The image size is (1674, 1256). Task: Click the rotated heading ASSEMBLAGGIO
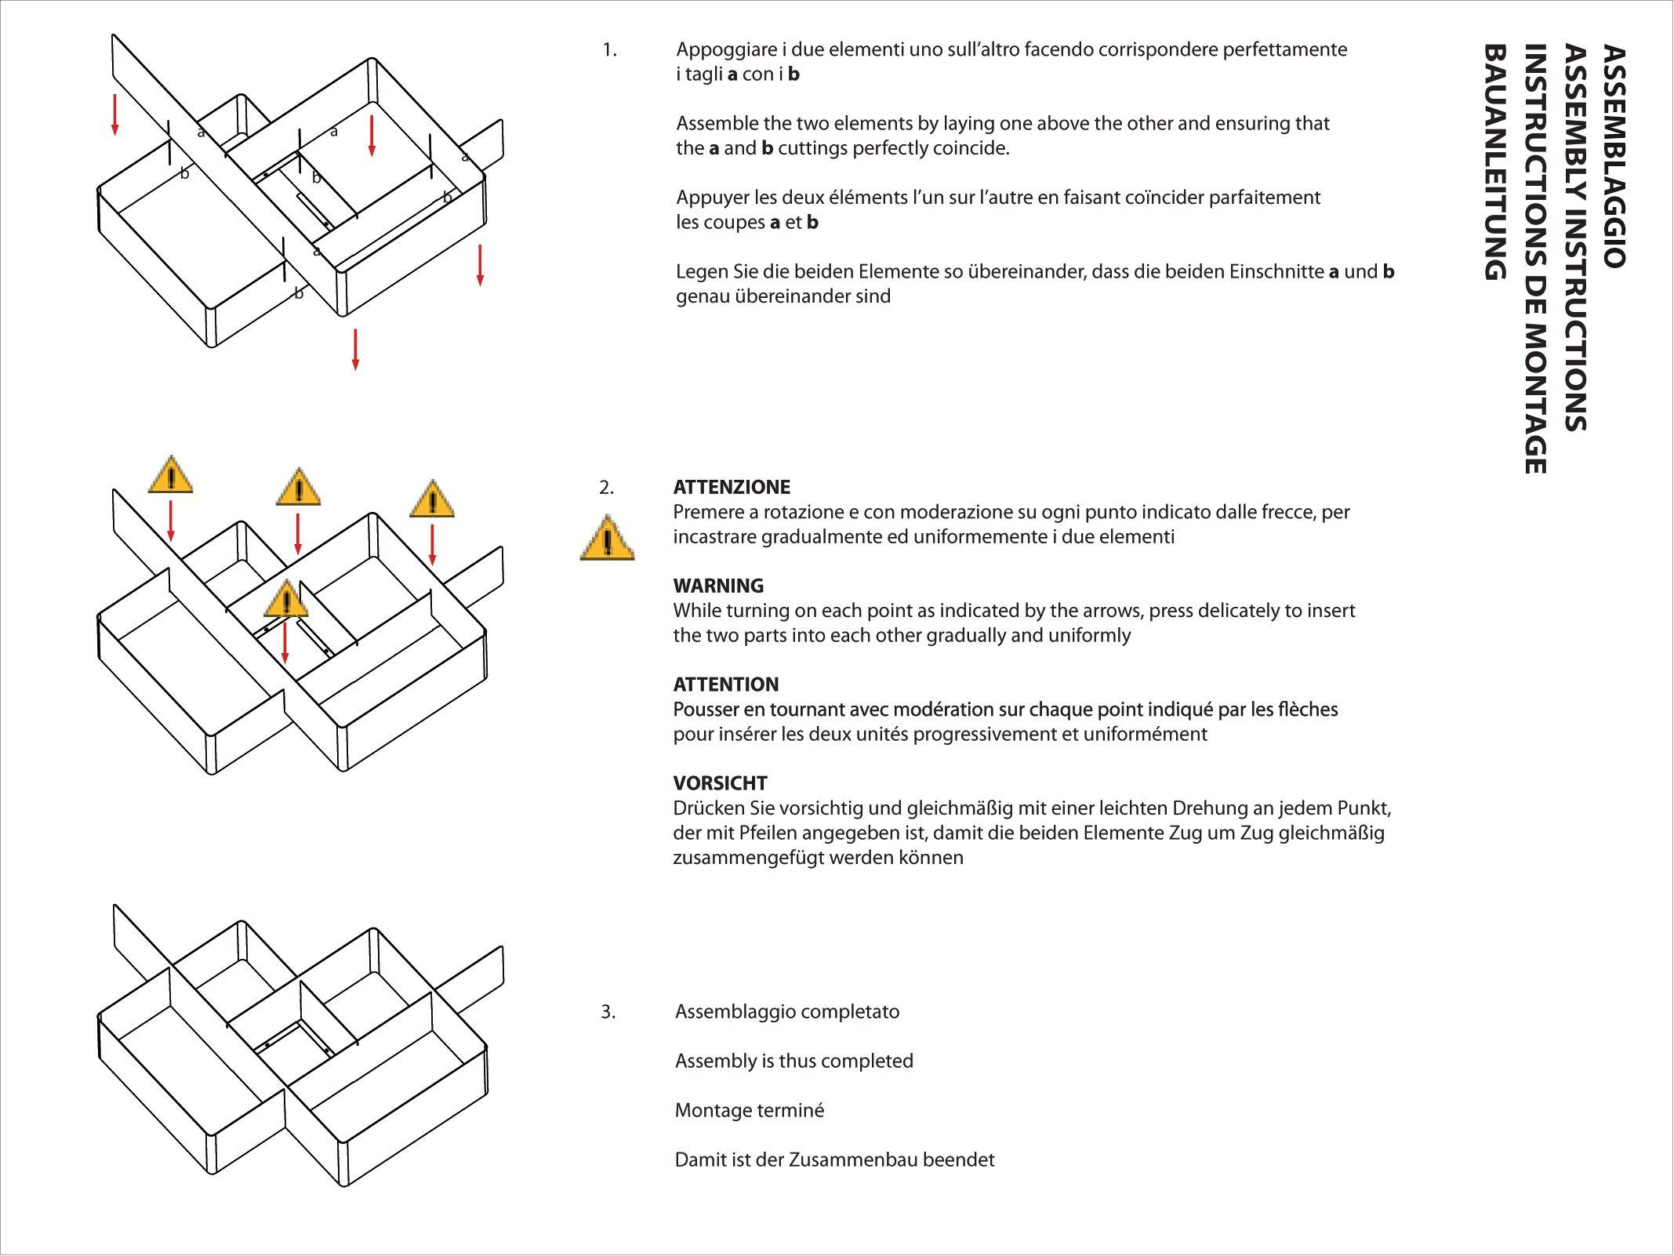[x=1613, y=157]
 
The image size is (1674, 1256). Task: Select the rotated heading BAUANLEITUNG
[x=1495, y=162]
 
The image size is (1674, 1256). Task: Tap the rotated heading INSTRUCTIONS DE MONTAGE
[x=1534, y=259]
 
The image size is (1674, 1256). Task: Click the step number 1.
[x=609, y=50]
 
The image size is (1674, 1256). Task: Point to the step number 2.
[x=607, y=488]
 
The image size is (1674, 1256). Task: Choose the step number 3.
[x=608, y=1011]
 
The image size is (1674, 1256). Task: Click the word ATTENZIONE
[x=732, y=487]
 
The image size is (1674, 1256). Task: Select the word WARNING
[x=718, y=586]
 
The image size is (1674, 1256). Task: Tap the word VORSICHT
[x=720, y=782]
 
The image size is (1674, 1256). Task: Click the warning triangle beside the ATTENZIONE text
[x=607, y=539]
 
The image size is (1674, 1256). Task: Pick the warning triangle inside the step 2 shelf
[x=286, y=601]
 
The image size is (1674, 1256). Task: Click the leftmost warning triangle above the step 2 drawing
[x=170, y=476]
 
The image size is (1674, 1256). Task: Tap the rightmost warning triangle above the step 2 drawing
[x=431, y=500]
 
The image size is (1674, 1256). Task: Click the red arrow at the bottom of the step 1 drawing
[x=355, y=349]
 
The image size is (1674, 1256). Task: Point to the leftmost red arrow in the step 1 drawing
[x=115, y=114]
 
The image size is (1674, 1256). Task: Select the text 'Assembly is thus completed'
[x=793, y=1061]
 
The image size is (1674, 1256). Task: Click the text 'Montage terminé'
[x=749, y=1110]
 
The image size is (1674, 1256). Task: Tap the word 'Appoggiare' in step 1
[x=726, y=50]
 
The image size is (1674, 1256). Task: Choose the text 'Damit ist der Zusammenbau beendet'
[x=834, y=1160]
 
